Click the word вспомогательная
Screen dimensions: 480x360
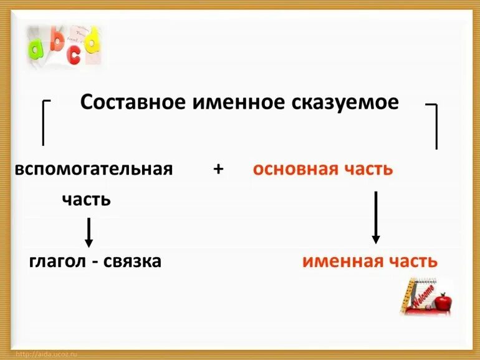coord(94,169)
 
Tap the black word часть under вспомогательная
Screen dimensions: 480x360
coord(87,200)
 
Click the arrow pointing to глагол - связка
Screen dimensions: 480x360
coord(89,232)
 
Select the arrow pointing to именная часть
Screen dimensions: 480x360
coord(375,216)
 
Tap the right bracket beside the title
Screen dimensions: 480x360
coord(434,125)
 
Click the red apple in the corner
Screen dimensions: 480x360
coord(443,303)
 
